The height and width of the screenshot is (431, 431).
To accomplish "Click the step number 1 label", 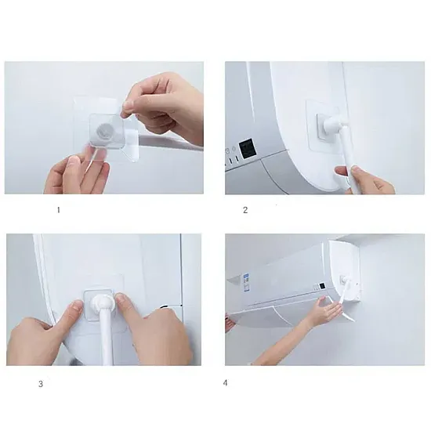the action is click(x=58, y=210).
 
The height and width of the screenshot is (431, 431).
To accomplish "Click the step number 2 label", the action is click(x=245, y=210).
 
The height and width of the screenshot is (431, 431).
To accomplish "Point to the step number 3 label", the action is click(x=41, y=384).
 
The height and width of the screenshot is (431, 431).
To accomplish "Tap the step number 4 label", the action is click(x=226, y=382).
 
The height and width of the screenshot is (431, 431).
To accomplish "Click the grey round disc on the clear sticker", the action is click(x=103, y=130).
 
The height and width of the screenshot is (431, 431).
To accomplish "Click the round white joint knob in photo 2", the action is click(x=331, y=125).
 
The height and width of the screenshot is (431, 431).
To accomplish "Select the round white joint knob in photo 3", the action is click(x=102, y=303).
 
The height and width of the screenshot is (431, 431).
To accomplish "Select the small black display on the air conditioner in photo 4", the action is click(x=322, y=286).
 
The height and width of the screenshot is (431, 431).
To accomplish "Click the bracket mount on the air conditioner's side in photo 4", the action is click(x=343, y=280).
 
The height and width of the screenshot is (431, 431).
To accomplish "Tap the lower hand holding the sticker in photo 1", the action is click(x=77, y=174).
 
